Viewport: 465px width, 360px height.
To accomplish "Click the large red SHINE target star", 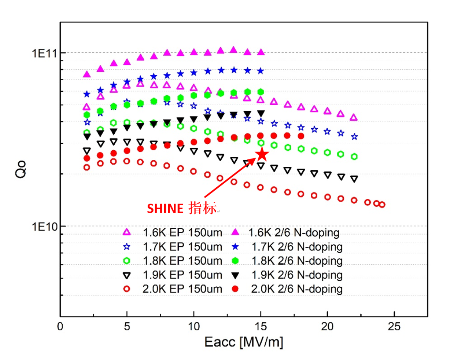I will [x=262, y=154].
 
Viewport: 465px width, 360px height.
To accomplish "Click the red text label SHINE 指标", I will [x=182, y=208].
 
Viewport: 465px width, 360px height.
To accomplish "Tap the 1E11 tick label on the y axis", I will [x=45, y=54].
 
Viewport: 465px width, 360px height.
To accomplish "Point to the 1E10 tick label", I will [x=45, y=227].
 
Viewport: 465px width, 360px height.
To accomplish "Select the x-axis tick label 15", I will [x=261, y=326].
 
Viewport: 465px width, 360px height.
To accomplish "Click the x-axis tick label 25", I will [x=394, y=326].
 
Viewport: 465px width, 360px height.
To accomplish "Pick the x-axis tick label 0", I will [x=60, y=326].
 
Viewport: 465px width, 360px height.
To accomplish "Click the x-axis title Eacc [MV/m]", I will [x=244, y=342].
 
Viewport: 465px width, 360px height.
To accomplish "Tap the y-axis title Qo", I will [x=21, y=169].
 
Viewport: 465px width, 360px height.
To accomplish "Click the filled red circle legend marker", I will [x=235, y=289].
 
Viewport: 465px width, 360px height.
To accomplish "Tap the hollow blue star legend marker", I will [x=127, y=247].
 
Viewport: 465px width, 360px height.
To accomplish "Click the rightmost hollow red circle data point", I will [x=382, y=205].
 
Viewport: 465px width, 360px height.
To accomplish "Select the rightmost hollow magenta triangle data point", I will [x=354, y=117].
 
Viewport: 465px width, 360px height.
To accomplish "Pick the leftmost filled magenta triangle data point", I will [x=87, y=74].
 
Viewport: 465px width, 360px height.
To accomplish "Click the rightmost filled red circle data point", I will [x=301, y=136].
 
